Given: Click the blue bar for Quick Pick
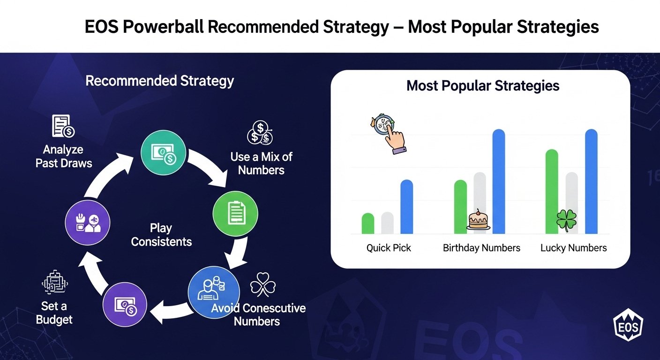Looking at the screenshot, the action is (x=406, y=207).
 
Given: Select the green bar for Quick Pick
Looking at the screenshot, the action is (x=367, y=223).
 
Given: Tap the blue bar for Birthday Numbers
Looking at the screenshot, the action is (x=499, y=181).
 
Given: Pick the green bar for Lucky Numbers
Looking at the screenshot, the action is (x=552, y=192).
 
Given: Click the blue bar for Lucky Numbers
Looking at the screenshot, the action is (x=591, y=181).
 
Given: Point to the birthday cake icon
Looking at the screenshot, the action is (x=478, y=220).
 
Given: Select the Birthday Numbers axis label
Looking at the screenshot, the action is (x=481, y=248).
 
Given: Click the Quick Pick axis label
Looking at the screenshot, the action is (x=389, y=248).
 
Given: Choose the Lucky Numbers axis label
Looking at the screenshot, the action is (x=573, y=248).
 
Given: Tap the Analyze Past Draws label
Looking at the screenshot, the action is (x=64, y=157).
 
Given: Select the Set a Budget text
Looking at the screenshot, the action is (x=54, y=313).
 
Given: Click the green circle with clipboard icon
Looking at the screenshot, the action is (x=235, y=214).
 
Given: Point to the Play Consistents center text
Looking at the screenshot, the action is (x=161, y=235).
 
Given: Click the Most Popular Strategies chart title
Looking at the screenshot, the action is (x=483, y=86).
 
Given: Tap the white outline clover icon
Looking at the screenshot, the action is (x=262, y=284).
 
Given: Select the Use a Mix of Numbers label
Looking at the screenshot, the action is (x=262, y=164).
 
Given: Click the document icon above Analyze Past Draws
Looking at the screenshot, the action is (x=63, y=126).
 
